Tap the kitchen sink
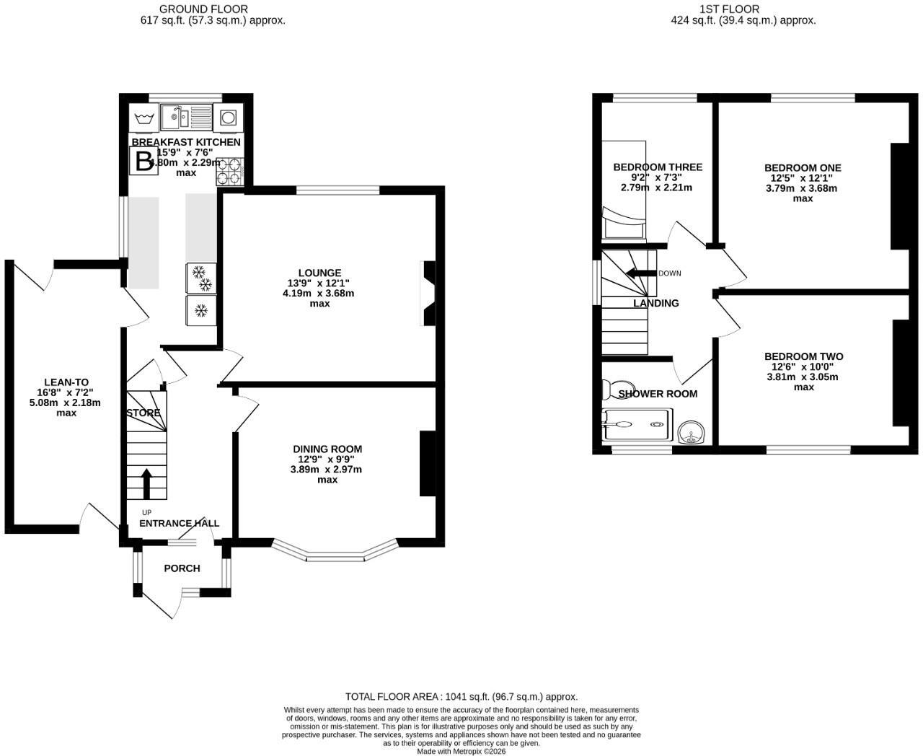click(x=186, y=117)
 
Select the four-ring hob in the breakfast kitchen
click(x=230, y=172)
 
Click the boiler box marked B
click(x=143, y=161)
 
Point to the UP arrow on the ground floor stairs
click(x=146, y=484)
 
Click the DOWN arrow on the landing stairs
click(x=642, y=273)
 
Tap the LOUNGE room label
click(x=319, y=273)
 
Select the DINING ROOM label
click(x=327, y=449)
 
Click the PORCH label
click(x=182, y=568)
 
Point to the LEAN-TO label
click(x=66, y=382)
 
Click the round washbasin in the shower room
click(x=691, y=433)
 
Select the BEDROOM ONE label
click(x=803, y=167)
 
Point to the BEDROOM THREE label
click(x=658, y=167)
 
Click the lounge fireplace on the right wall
click(x=428, y=294)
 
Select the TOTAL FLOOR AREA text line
click(x=461, y=696)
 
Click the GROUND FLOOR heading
click(x=203, y=9)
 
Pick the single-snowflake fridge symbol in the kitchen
click(x=201, y=311)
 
